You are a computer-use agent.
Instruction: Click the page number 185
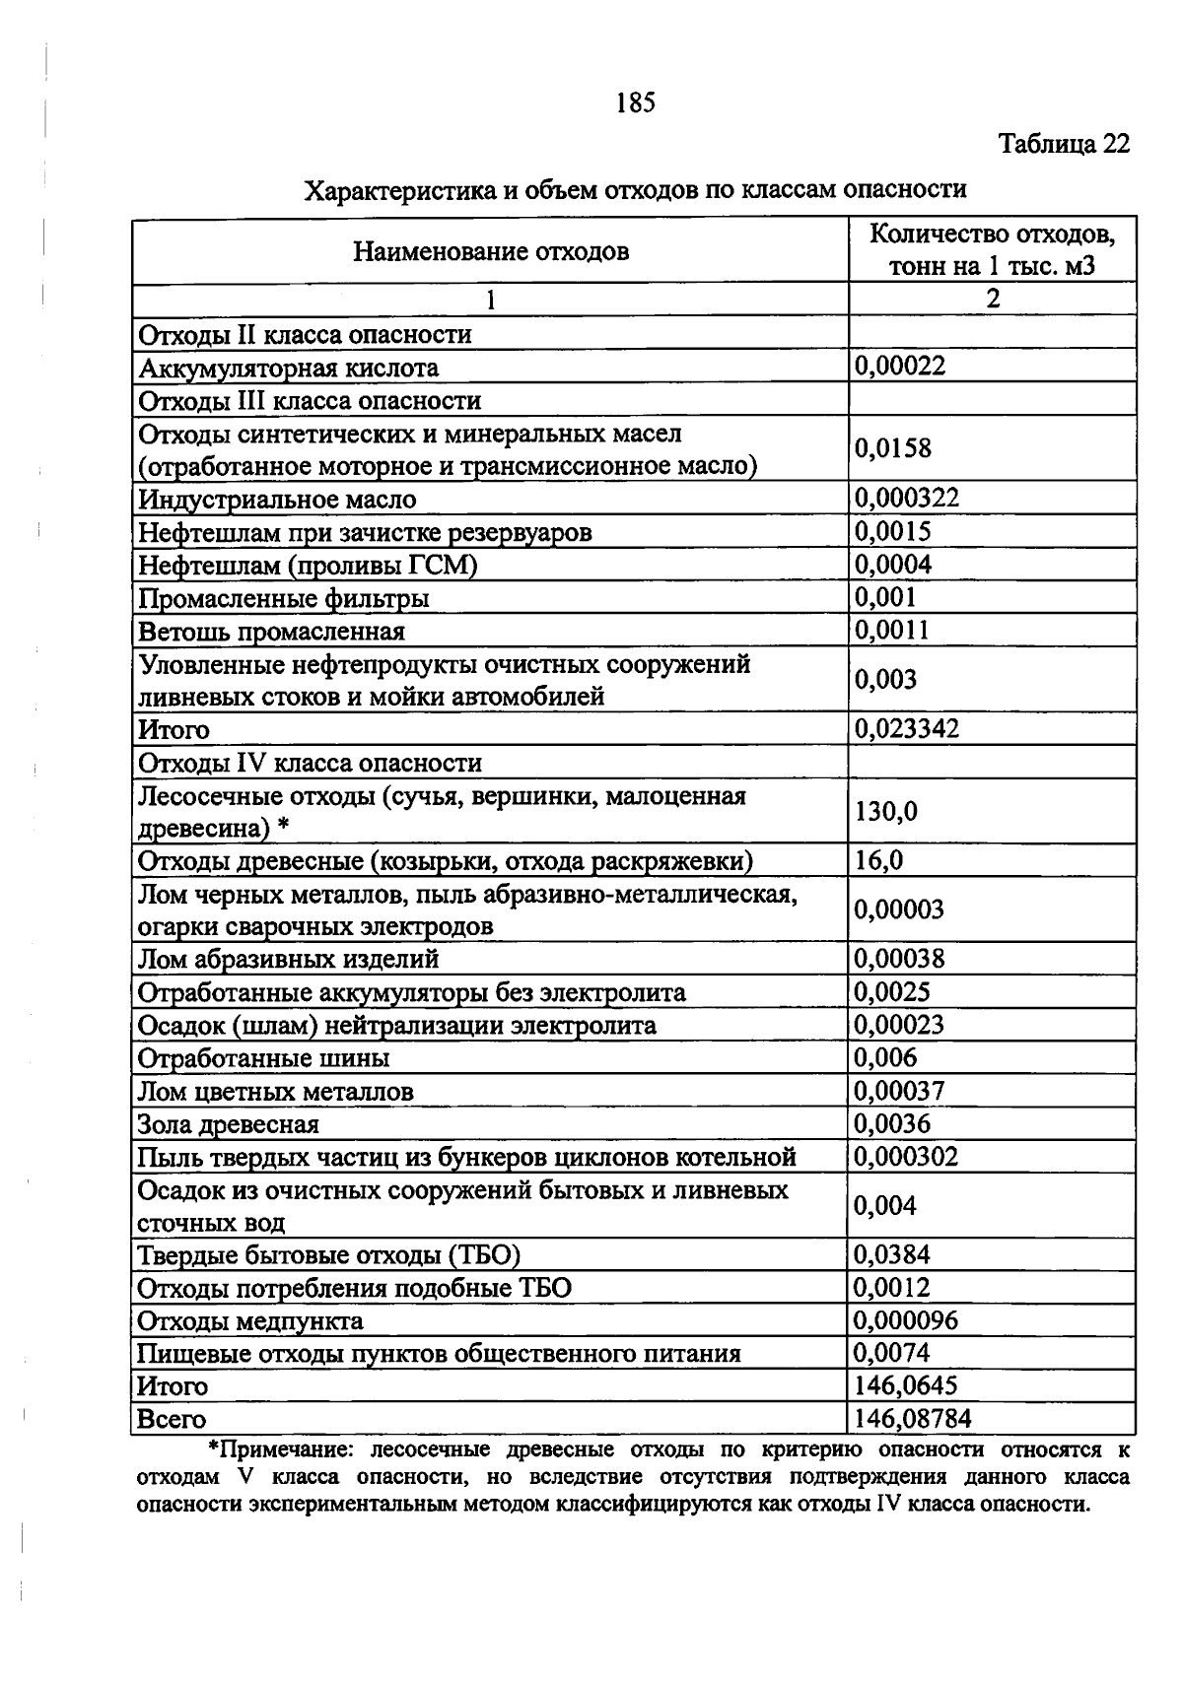[x=635, y=102]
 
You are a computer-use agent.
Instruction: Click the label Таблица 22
[x=1064, y=144]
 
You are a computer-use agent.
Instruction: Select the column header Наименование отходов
[x=490, y=251]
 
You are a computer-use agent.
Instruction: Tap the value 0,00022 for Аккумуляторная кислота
[x=900, y=367]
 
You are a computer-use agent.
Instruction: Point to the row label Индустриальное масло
[x=277, y=499]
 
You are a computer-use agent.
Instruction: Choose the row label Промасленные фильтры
[x=283, y=598]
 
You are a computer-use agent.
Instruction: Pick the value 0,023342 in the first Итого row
[x=906, y=729]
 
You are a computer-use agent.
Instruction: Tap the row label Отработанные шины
[x=263, y=1058]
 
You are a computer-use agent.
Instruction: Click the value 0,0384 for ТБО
[x=892, y=1254]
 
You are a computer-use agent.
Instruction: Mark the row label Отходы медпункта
[x=250, y=1320]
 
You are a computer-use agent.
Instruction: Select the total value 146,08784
[x=913, y=1419]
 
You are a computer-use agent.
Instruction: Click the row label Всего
[x=172, y=1420]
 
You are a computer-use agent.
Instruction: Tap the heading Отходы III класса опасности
[x=310, y=401]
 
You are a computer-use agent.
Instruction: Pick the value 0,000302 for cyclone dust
[x=906, y=1156]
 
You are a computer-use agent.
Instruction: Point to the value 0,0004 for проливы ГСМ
[x=892, y=565]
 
